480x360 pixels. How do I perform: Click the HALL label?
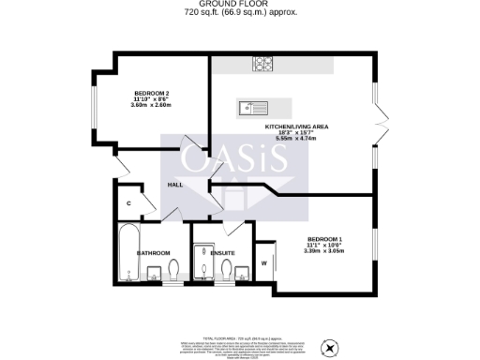[174, 185]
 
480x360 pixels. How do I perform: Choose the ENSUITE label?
[222, 253]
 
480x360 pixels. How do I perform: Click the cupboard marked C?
[127, 203]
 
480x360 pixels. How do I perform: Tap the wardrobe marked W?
[263, 263]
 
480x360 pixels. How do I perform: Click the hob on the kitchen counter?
[262, 65]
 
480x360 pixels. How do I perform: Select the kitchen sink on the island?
[253, 106]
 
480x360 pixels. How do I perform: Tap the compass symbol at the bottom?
[328, 348]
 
